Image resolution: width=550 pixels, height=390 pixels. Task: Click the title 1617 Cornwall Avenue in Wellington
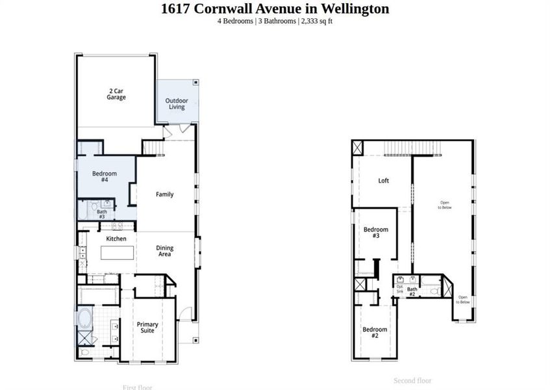pyautogui.click(x=275, y=9)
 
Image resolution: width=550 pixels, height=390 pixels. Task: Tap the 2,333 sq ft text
pyautogui.click(x=317, y=21)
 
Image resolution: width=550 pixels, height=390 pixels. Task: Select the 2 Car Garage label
pyautogui.click(x=116, y=94)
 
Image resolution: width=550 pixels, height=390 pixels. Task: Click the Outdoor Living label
pyautogui.click(x=177, y=103)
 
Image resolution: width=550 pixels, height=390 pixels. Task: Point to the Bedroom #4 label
pyautogui.click(x=105, y=176)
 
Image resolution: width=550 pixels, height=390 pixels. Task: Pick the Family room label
pyautogui.click(x=164, y=194)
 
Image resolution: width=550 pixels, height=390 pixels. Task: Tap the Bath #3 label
pyautogui.click(x=102, y=213)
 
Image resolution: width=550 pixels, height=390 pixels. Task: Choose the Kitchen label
pyautogui.click(x=116, y=239)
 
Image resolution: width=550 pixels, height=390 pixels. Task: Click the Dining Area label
pyautogui.click(x=164, y=251)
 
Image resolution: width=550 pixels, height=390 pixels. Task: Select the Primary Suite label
pyautogui.click(x=147, y=327)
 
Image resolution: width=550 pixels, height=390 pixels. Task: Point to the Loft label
pyautogui.click(x=384, y=181)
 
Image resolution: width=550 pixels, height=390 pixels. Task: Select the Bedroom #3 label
pyautogui.click(x=375, y=232)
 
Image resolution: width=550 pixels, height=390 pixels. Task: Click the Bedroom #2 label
pyautogui.click(x=375, y=332)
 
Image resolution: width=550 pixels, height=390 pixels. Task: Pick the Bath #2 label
pyautogui.click(x=412, y=291)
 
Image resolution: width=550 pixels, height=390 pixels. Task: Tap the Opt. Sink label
pyautogui.click(x=399, y=289)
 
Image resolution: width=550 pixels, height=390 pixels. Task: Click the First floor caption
pyautogui.click(x=137, y=387)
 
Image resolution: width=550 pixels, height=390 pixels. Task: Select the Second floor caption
pyautogui.click(x=412, y=380)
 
